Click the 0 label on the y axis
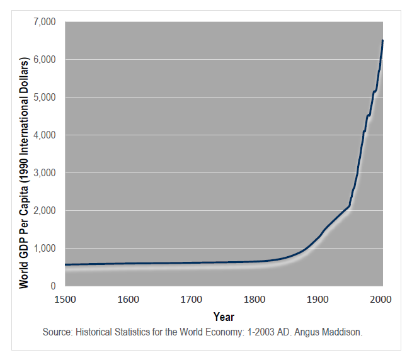(x=54, y=286)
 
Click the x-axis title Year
(x=224, y=317)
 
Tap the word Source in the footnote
(x=58, y=332)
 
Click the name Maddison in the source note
(x=343, y=332)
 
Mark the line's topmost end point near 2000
(x=382, y=41)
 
